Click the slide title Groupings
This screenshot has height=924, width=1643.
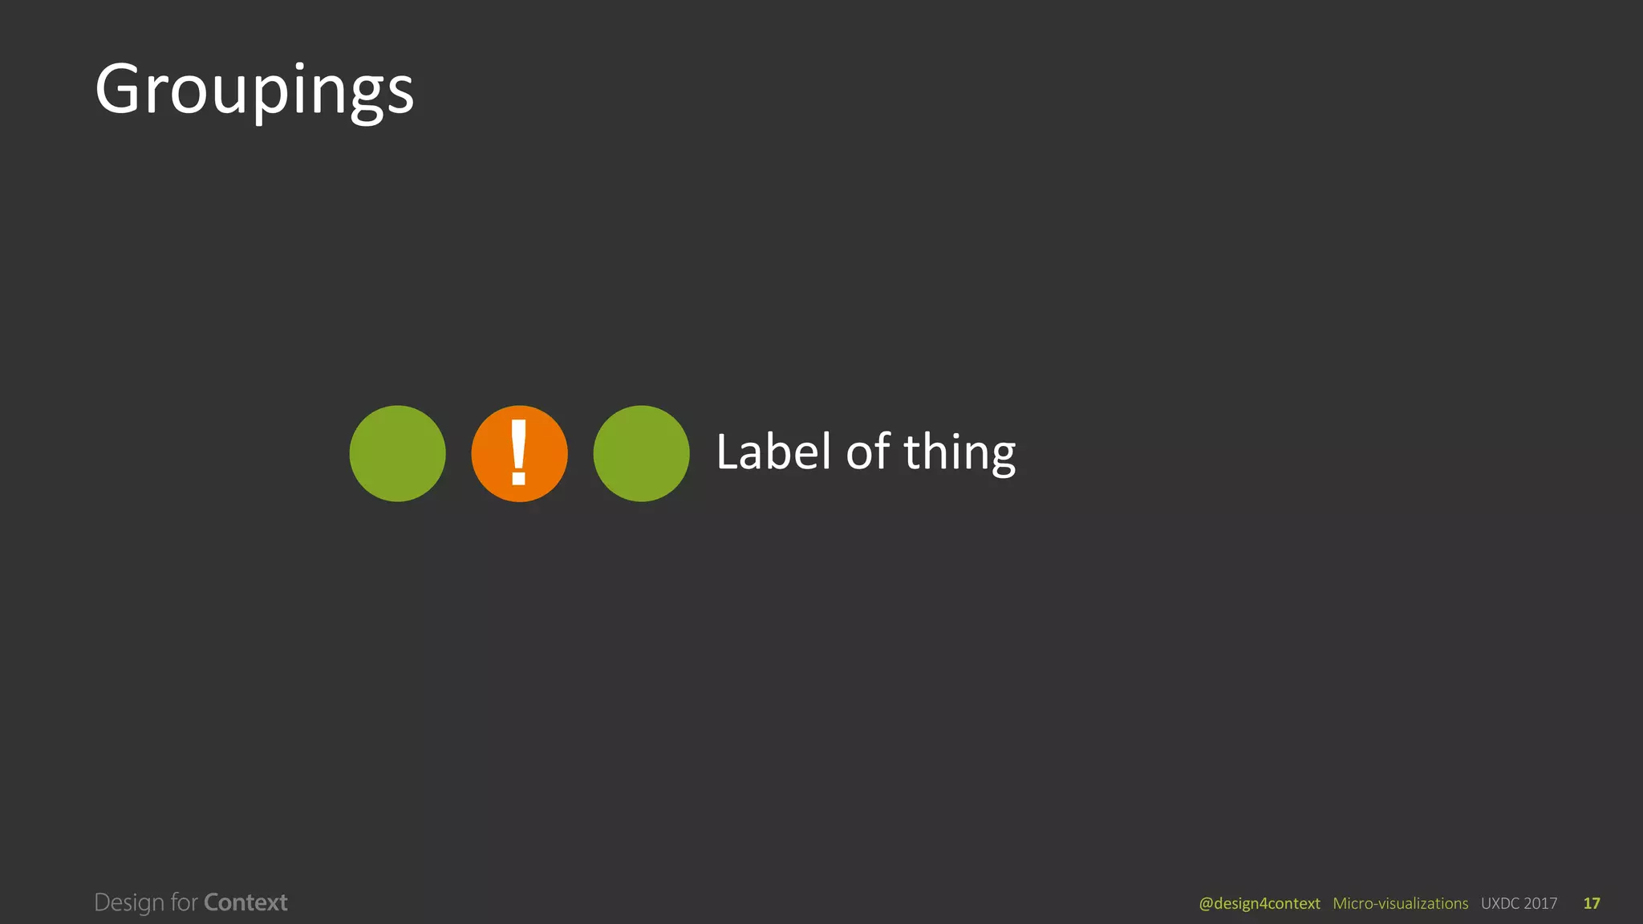[254, 90]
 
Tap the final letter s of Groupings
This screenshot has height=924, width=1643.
[400, 95]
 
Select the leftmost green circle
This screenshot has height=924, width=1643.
[397, 454]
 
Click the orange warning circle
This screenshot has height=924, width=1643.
[519, 454]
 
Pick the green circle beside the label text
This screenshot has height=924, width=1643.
[641, 454]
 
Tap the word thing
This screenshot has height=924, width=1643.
[959, 454]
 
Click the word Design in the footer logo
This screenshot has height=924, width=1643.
[129, 903]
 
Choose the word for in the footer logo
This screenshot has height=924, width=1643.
[184, 902]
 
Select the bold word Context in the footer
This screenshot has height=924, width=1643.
[245, 902]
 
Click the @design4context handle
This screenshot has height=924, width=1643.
[1259, 904]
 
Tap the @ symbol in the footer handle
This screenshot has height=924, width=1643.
[1206, 904]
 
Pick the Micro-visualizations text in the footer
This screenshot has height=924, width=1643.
[1400, 904]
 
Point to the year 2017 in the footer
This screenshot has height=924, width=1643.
[1540, 904]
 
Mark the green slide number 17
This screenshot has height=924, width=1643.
[1592, 904]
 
